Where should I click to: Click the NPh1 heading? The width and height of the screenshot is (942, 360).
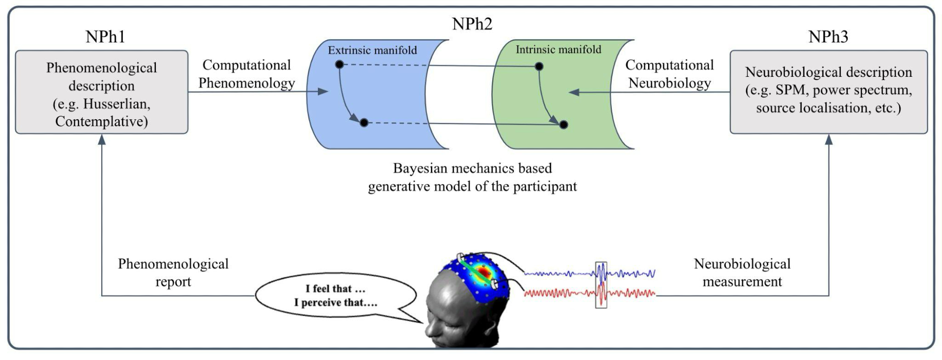point(105,37)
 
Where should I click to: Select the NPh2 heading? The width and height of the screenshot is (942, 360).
point(472,24)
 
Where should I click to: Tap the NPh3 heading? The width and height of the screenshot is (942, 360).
point(828,37)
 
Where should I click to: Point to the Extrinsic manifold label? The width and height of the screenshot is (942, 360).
point(372,50)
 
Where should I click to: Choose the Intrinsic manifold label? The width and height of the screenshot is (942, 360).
point(558,49)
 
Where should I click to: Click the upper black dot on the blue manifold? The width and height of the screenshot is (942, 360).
point(339,64)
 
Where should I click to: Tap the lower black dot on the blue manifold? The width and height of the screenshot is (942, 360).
point(364,123)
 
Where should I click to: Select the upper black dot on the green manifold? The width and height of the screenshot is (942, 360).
point(539,66)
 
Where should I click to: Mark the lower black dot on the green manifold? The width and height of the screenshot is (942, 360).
point(563,125)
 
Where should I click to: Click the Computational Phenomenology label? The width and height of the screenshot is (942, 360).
point(246,74)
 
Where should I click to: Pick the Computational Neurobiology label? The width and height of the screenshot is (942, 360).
point(669,74)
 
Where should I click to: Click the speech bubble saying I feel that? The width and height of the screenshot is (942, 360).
point(335,295)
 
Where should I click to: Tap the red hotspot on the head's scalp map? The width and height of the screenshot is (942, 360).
point(483,272)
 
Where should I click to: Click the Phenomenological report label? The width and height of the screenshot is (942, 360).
point(173,272)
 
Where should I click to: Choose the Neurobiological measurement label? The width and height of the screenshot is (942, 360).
point(742,272)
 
